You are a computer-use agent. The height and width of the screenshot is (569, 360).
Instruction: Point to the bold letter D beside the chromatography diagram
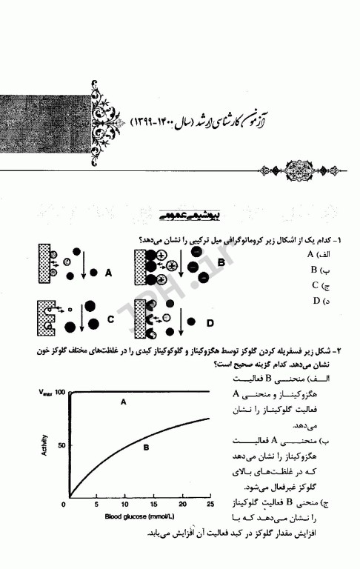[x=210, y=322]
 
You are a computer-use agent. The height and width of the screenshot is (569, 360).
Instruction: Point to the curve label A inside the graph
[x=124, y=401]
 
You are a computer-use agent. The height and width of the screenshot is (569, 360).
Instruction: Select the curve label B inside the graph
[x=147, y=447]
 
